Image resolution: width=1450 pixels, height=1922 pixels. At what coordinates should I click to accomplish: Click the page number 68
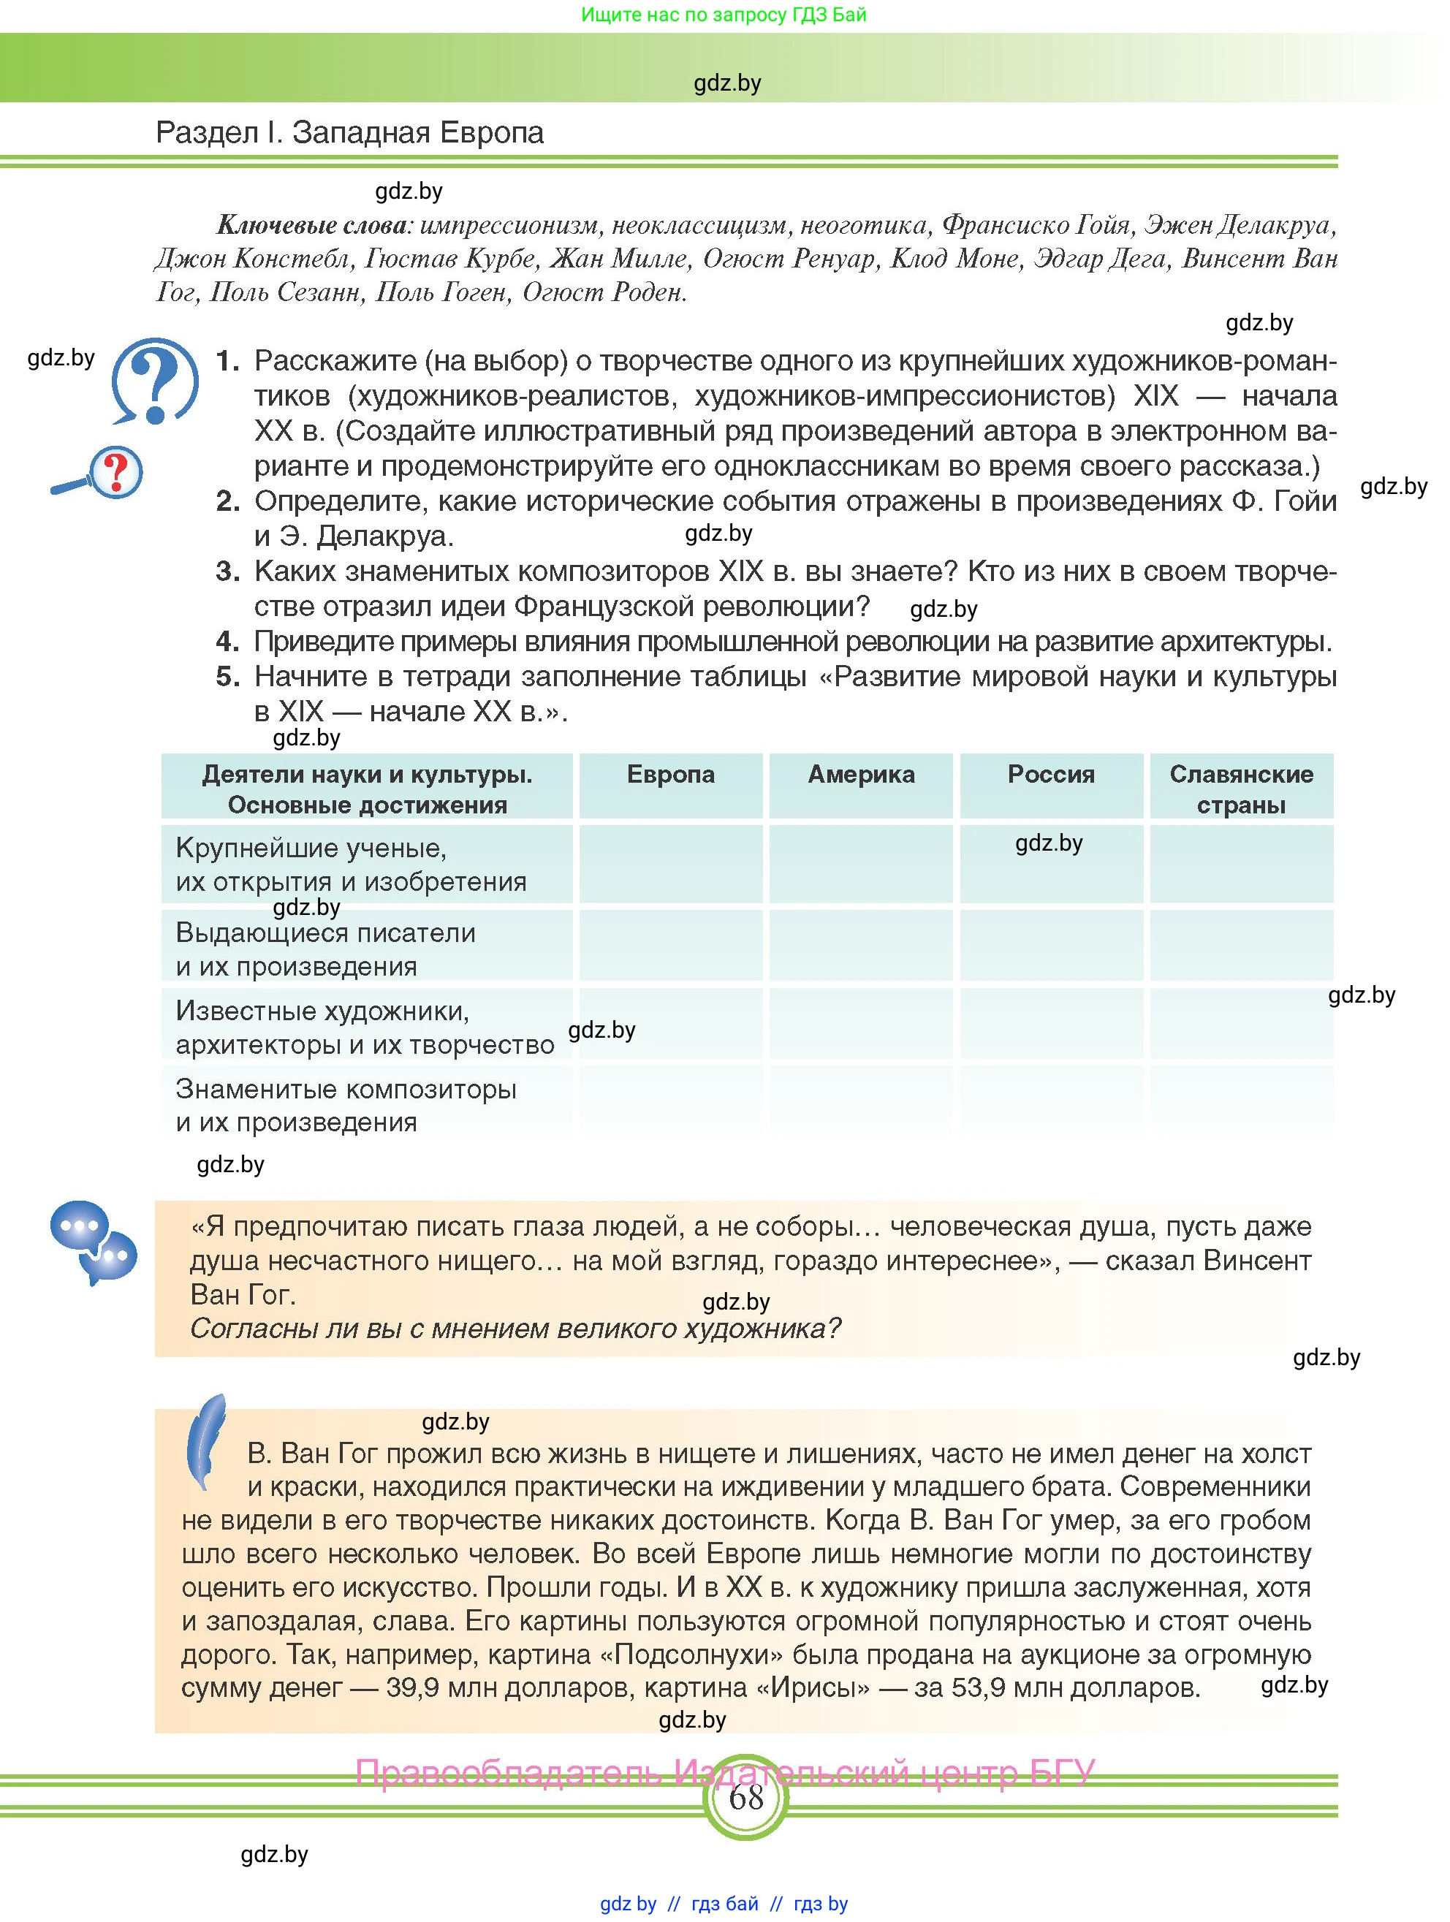(x=745, y=1796)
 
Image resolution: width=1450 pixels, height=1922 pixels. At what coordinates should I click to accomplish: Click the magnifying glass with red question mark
(x=99, y=474)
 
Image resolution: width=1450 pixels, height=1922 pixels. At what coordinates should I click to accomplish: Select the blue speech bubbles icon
(x=93, y=1241)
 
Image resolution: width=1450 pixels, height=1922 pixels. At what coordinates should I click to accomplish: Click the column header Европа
(x=671, y=774)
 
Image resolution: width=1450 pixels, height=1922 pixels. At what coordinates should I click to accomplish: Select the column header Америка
(x=861, y=774)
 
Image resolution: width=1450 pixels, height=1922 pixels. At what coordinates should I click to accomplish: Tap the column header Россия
(x=1051, y=774)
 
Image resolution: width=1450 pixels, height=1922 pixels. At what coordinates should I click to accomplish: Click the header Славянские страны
(x=1241, y=789)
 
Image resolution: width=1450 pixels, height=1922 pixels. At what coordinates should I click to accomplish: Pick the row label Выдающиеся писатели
(x=326, y=933)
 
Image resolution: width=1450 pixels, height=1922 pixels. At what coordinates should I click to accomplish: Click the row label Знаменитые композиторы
(x=346, y=1089)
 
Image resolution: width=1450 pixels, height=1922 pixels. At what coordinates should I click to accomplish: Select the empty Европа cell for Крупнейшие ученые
(x=671, y=864)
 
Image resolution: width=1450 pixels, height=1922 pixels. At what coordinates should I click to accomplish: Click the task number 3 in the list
(x=227, y=571)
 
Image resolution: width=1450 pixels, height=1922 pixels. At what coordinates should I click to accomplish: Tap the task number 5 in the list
(x=227, y=677)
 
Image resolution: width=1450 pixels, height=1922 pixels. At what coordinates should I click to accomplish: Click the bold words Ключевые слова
(x=312, y=226)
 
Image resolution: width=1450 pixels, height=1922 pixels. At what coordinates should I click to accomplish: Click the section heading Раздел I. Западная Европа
(x=349, y=133)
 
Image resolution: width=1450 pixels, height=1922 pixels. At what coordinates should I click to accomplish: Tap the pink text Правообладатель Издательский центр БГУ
(x=724, y=1771)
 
